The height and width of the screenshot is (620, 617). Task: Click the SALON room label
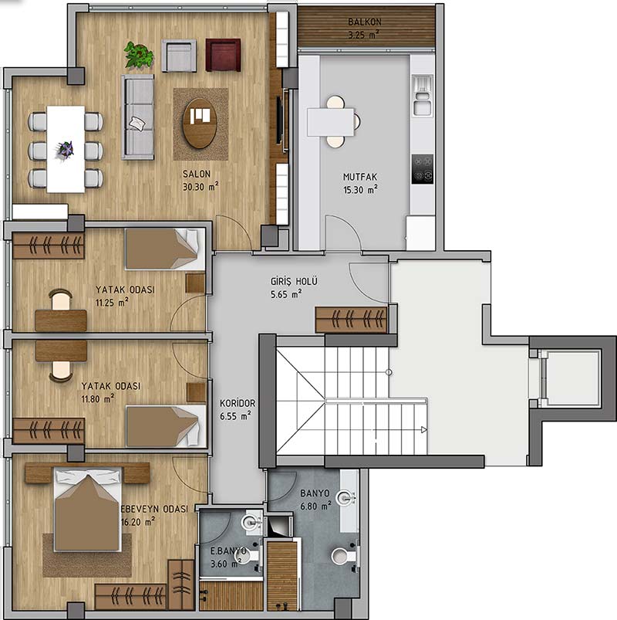tap(197, 174)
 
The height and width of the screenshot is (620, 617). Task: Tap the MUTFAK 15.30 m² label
tap(360, 183)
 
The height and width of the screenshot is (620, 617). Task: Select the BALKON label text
tap(365, 22)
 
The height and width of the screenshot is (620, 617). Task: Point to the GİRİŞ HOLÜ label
tap(294, 281)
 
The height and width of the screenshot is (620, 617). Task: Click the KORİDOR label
tap(238, 403)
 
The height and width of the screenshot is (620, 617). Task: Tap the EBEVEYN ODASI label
tap(154, 509)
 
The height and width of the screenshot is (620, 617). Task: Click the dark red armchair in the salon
tap(223, 55)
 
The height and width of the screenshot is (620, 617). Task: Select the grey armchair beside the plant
tap(179, 56)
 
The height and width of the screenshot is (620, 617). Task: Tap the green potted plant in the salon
tap(139, 54)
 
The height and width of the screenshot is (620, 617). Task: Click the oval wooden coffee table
tap(200, 124)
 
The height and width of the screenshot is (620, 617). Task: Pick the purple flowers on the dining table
tap(65, 150)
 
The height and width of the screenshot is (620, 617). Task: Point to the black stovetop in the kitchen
tap(423, 169)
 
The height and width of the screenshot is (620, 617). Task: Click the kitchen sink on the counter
tap(423, 96)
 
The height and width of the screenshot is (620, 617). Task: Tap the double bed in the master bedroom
tap(88, 510)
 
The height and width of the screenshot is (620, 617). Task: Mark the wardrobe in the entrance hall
tap(351, 320)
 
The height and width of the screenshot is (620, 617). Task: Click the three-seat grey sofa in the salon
tap(137, 117)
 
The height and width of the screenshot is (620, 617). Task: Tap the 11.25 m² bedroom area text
tap(112, 303)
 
